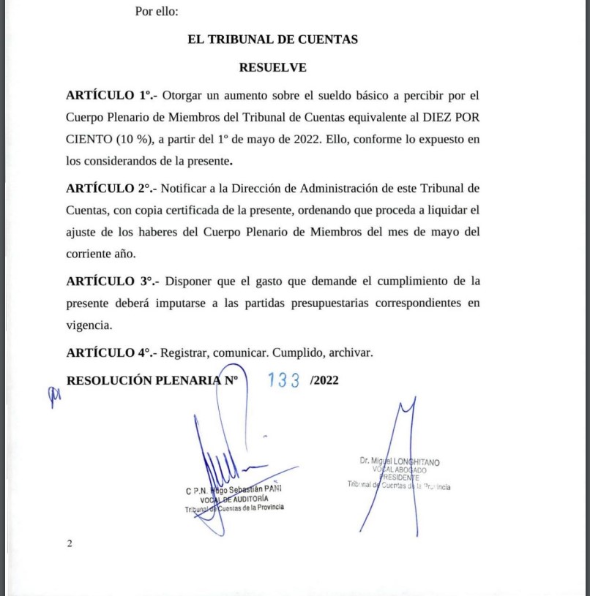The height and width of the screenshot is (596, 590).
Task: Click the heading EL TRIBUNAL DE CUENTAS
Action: pyautogui.click(x=272, y=39)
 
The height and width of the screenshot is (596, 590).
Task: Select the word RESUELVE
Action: pyautogui.click(x=272, y=67)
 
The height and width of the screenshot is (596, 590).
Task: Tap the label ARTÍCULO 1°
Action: pyautogui.click(x=110, y=95)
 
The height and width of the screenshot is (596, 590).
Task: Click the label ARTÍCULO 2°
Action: pyautogui.click(x=110, y=188)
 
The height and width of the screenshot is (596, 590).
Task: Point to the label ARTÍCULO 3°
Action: pyautogui.click(x=110, y=281)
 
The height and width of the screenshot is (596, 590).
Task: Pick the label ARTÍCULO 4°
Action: pyautogui.click(x=110, y=352)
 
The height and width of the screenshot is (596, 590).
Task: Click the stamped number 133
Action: pyautogui.click(x=284, y=380)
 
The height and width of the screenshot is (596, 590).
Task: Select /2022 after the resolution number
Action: pyautogui.click(x=324, y=380)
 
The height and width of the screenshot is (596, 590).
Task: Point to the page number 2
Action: pyautogui.click(x=70, y=543)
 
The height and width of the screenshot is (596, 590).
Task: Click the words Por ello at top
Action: pyautogui.click(x=157, y=12)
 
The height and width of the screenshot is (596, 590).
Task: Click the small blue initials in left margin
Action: pyautogui.click(x=53, y=395)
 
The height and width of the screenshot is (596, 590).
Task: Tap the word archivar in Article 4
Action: pyautogui.click(x=348, y=352)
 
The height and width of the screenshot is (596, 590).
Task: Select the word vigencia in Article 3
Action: pyautogui.click(x=89, y=323)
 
